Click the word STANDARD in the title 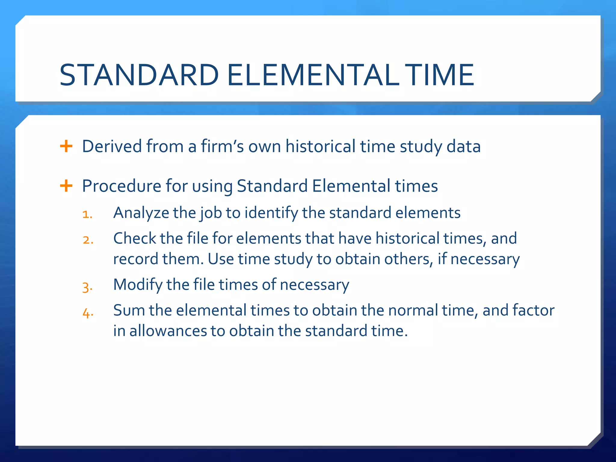(139, 75)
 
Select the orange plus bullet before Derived (66, 146)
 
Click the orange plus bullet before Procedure (66, 186)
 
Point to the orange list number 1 (87, 214)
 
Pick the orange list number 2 (88, 240)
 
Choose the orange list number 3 (87, 286)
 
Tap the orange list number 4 (88, 313)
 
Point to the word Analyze (141, 213)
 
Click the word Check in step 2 (134, 239)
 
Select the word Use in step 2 (221, 259)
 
